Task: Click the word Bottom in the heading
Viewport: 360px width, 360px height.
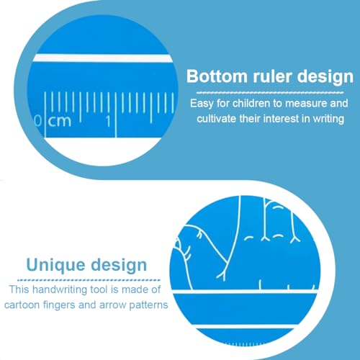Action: tap(217, 76)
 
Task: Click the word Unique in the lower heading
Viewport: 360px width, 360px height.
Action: tap(55, 266)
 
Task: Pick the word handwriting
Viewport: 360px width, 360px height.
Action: tap(60, 290)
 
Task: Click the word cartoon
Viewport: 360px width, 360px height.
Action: tap(22, 305)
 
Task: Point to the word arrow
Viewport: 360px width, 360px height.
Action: tap(112, 305)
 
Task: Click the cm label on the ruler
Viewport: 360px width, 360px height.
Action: tap(60, 121)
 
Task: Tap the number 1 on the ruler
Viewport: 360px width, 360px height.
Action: tap(108, 121)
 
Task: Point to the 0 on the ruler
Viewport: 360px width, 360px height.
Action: tap(38, 121)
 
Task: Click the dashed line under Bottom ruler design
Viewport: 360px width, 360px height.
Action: tap(270, 92)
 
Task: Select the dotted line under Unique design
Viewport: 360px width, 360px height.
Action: tap(89, 280)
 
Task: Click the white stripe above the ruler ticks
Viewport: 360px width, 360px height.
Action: tap(103, 58)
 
